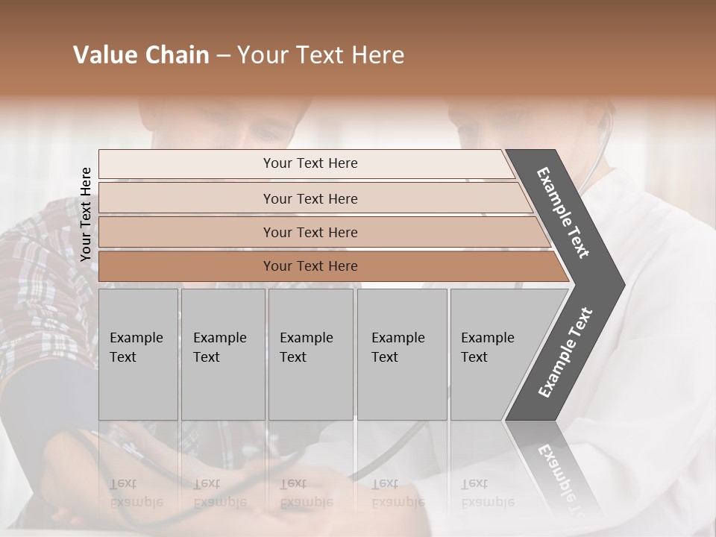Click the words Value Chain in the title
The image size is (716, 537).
coord(141,55)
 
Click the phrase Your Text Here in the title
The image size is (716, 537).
coord(321,55)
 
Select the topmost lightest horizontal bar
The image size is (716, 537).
coord(306,163)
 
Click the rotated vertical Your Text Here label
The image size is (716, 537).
coord(86,214)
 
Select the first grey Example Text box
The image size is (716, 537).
coord(138,354)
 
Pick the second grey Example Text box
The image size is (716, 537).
coord(223,354)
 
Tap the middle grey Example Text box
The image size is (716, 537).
coord(310,354)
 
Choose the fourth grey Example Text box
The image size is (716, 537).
coord(402,354)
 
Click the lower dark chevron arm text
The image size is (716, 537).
coord(565,352)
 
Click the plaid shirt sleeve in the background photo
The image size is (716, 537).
coord(37,283)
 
